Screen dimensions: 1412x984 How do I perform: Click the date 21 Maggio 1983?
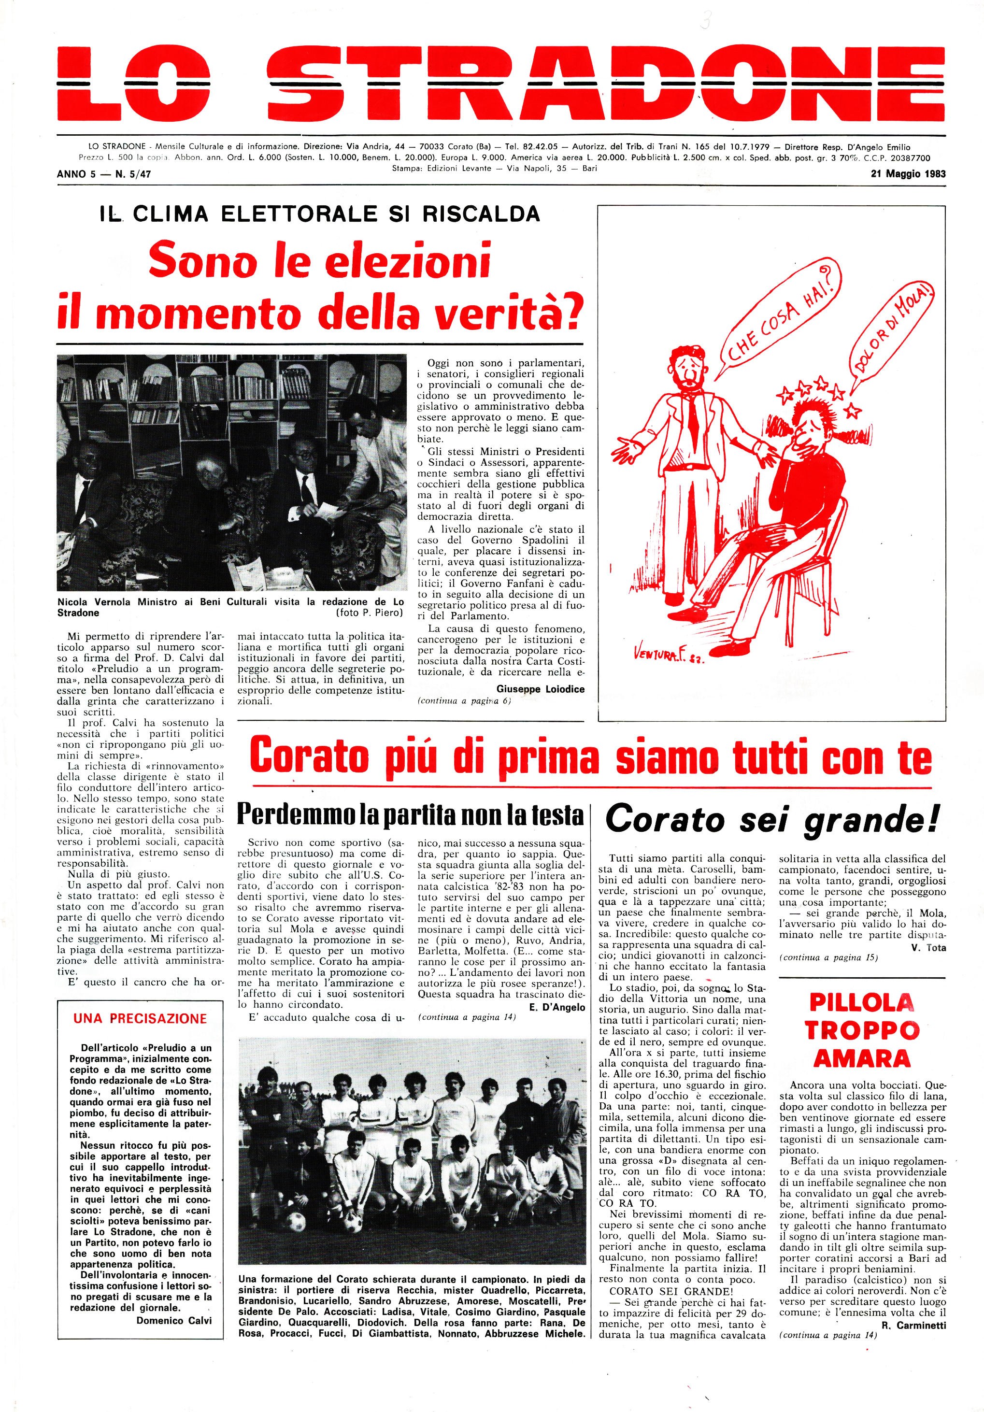point(908,174)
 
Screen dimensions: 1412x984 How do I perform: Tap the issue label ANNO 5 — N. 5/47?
point(103,174)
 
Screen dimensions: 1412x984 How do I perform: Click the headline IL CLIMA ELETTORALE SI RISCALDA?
point(320,214)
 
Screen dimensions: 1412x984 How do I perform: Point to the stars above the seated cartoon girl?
point(818,393)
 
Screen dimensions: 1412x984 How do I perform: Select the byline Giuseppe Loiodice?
point(540,689)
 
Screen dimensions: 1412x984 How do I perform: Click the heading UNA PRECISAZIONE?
point(140,1018)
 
